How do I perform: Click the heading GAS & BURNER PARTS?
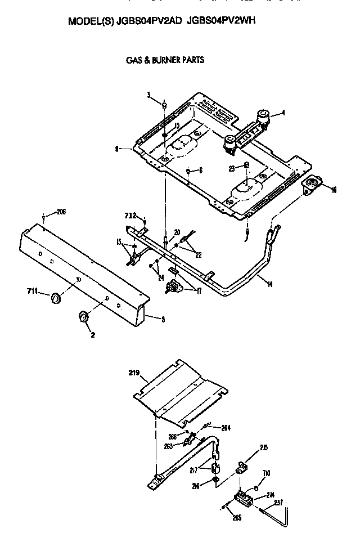pos(164,60)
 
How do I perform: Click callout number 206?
pos(61,212)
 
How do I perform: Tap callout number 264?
pos(226,428)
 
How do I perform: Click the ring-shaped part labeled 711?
pos(56,297)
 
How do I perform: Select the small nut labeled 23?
pos(247,165)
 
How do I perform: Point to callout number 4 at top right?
pos(283,113)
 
